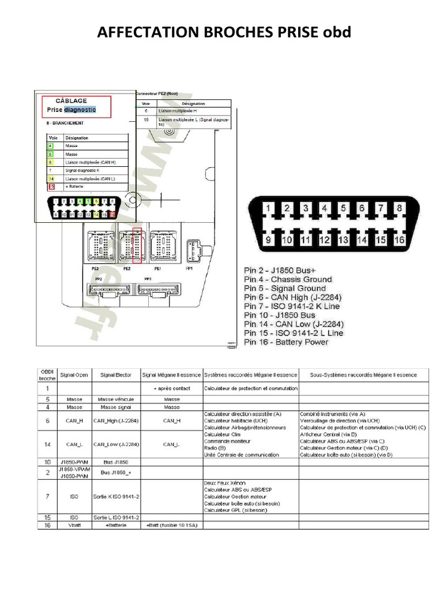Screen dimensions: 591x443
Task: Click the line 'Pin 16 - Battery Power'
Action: pyautogui.click(x=286, y=342)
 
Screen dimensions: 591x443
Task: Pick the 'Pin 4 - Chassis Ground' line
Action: pyautogui.click(x=288, y=279)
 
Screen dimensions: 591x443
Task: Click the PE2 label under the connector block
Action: pyautogui.click(x=127, y=269)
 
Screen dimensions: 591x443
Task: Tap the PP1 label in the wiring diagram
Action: pyautogui.click(x=189, y=269)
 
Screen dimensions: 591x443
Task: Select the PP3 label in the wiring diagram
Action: pyautogui.click(x=148, y=280)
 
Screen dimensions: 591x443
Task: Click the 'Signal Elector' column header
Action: pyautogui.click(x=116, y=375)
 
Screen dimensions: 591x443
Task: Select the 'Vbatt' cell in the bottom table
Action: pyautogui.click(x=74, y=526)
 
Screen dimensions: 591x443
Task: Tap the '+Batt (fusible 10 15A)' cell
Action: pyautogui.click(x=171, y=526)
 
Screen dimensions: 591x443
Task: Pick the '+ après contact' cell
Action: pyautogui.click(x=171, y=388)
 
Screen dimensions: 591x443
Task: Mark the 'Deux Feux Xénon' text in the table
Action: pyautogui.click(x=223, y=482)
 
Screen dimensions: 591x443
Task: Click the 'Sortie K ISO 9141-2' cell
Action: pyautogui.click(x=116, y=496)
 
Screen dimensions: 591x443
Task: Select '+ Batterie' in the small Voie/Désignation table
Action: pyautogui.click(x=76, y=186)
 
